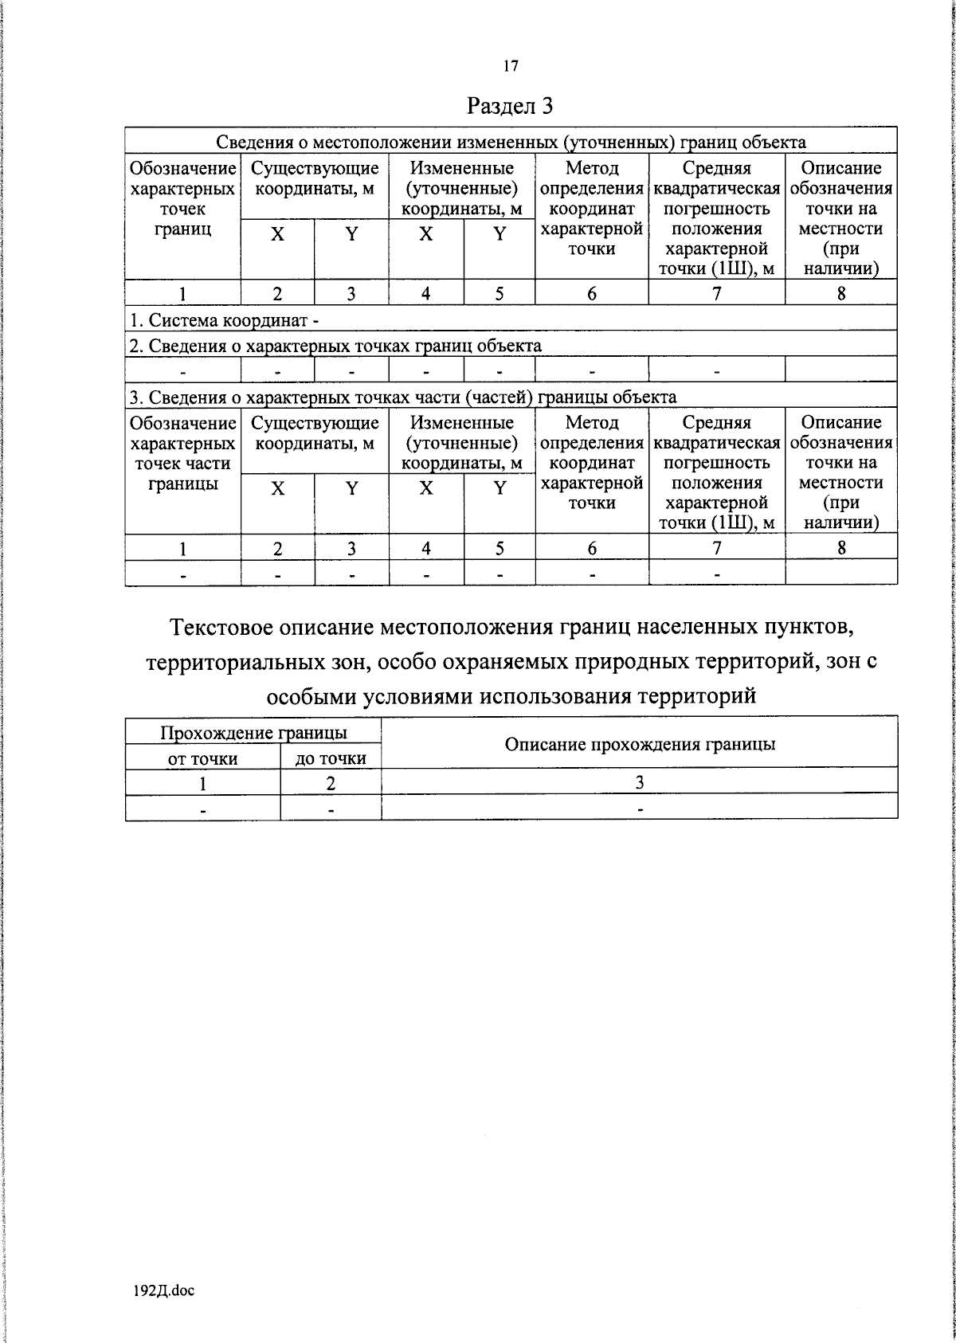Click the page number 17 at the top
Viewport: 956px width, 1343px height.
click(x=511, y=66)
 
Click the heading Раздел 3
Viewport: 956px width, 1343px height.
click(x=510, y=106)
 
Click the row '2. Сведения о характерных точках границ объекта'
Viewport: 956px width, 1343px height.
click(x=335, y=346)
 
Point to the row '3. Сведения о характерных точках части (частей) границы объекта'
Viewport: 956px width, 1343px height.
click(x=403, y=397)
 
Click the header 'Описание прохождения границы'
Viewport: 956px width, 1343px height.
click(x=640, y=744)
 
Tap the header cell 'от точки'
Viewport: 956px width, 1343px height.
click(x=202, y=758)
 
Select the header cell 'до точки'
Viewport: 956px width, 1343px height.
click(x=331, y=758)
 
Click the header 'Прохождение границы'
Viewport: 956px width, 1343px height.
click(x=253, y=733)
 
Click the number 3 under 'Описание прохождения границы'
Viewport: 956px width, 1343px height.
click(x=639, y=782)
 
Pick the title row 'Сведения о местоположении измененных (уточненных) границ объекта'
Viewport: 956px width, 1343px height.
click(x=511, y=143)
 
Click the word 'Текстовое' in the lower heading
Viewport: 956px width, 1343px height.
click(x=221, y=628)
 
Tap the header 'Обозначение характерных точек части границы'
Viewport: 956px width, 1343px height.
click(x=183, y=453)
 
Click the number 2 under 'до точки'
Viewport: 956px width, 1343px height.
click(x=331, y=783)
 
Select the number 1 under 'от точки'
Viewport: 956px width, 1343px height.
click(x=203, y=783)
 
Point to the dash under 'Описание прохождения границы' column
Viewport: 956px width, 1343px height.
click(x=639, y=809)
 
